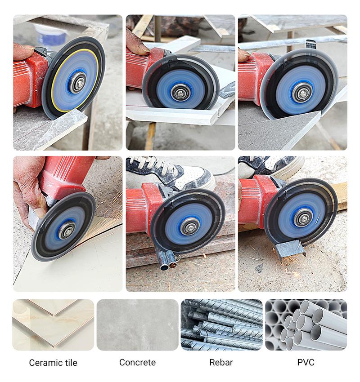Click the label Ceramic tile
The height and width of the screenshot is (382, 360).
click(53, 363)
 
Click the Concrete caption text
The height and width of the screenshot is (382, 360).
click(137, 362)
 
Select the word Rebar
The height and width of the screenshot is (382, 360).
click(221, 362)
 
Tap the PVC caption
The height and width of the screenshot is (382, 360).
click(306, 362)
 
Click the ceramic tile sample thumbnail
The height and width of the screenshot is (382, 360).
click(53, 325)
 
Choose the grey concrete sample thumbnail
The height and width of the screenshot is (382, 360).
click(137, 325)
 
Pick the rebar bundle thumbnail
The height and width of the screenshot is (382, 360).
click(221, 325)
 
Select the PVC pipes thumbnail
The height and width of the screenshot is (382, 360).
click(306, 325)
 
